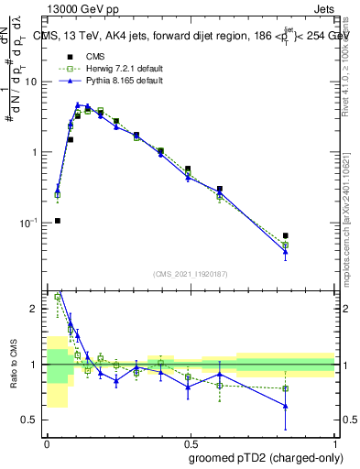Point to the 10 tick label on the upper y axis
click(30, 82)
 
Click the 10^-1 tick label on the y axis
click(28, 223)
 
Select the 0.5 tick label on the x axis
click(191, 442)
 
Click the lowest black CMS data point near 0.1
click(58, 221)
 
